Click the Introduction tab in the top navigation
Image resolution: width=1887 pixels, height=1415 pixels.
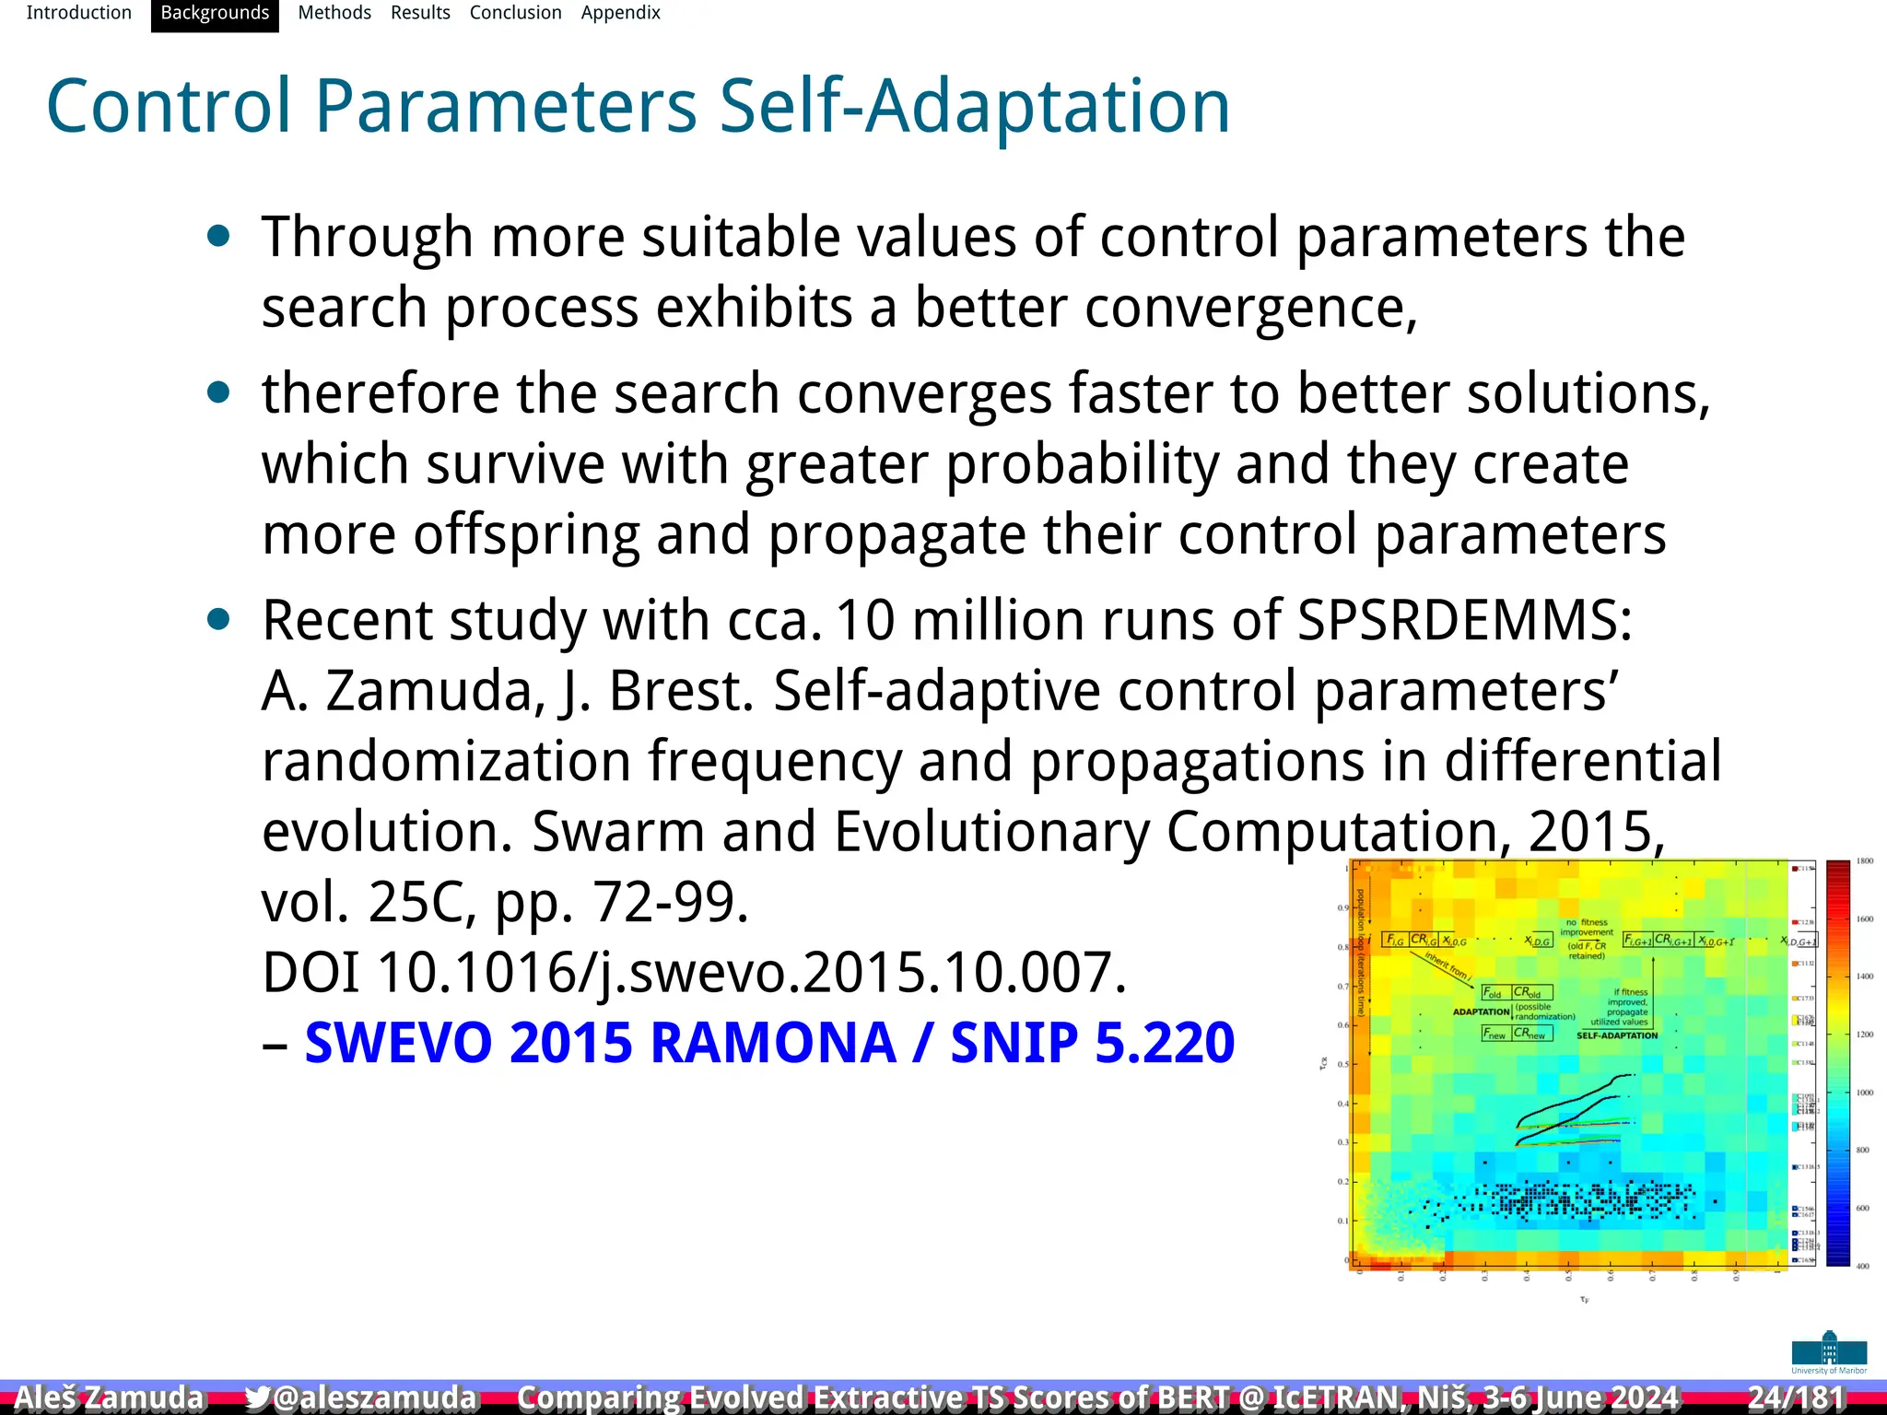78,13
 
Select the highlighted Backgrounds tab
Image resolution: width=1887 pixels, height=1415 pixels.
215,13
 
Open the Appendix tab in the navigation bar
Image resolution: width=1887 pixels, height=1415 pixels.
620,13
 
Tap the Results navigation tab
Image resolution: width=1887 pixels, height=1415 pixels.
420,13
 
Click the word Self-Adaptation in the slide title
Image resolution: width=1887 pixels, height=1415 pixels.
974,107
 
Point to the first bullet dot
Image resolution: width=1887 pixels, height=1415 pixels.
218,237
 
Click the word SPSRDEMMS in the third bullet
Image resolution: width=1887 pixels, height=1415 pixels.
1464,620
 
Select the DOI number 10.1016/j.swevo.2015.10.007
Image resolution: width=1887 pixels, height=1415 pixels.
751,972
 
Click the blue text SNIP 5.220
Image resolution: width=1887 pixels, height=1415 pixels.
1092,1043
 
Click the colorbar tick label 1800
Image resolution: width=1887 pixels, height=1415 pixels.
1864,861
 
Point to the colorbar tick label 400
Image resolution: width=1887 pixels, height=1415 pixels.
1862,1267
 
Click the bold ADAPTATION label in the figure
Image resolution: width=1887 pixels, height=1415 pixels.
1481,1012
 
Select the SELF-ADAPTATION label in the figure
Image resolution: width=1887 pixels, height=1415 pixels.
1616,1035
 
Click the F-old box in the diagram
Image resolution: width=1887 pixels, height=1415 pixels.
1493,993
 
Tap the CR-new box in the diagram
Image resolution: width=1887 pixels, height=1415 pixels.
1532,1034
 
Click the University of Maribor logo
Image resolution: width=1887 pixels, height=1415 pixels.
1829,1352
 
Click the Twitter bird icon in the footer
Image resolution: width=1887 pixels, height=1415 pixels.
257,1397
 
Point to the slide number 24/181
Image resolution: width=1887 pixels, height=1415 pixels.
1796,1397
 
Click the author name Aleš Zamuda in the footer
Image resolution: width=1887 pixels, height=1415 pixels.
109,1397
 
